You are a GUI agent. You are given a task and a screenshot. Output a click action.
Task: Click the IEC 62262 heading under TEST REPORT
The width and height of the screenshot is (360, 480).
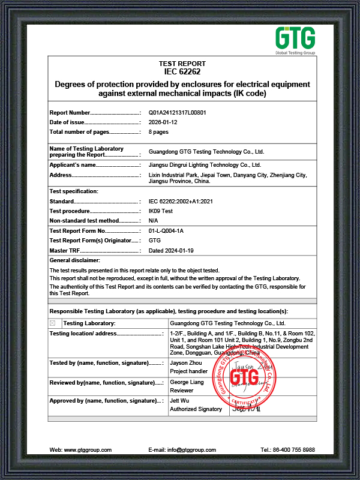(182, 71)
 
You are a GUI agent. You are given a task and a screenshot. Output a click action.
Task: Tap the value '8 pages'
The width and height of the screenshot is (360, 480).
(158, 131)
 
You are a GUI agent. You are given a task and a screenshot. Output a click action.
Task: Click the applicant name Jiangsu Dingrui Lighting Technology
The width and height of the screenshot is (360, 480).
(205, 164)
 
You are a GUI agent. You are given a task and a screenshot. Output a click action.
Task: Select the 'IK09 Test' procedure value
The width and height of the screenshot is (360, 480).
(160, 211)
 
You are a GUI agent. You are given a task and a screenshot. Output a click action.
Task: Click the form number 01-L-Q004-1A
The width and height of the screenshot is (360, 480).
(169, 230)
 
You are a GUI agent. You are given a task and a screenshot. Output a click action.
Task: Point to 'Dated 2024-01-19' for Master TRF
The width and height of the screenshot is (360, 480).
(170, 250)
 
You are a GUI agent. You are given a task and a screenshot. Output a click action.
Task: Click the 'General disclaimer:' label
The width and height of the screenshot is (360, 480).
(75, 260)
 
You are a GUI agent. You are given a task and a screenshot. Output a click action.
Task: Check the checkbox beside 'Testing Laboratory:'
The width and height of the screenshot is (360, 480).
(53, 323)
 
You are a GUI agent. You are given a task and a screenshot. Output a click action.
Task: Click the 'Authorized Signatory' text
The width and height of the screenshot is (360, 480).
(196, 409)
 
